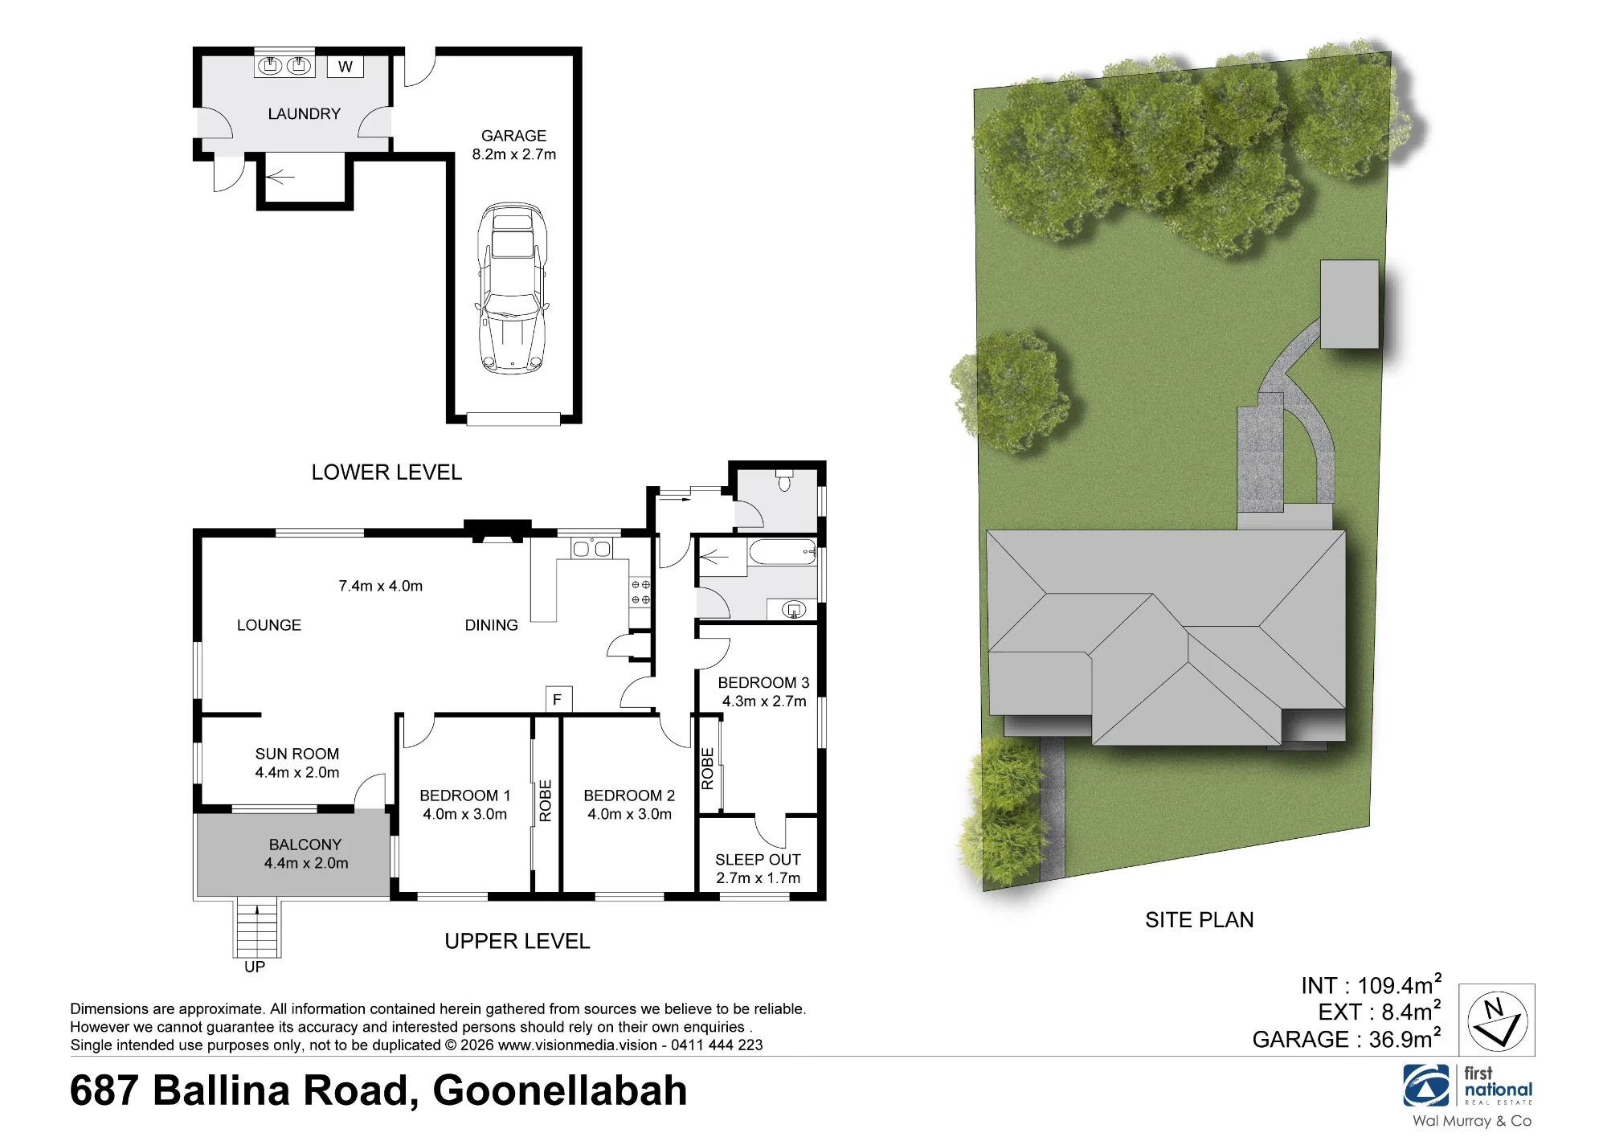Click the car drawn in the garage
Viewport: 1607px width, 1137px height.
coord(513,288)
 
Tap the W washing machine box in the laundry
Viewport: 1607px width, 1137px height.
coord(346,67)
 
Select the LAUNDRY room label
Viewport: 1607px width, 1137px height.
coord(305,114)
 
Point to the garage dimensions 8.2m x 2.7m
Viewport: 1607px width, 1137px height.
coord(514,154)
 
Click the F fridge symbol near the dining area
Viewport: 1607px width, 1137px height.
coord(558,699)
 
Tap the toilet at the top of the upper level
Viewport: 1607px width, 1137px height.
coord(785,480)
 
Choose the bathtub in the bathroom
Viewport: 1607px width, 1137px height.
coord(783,552)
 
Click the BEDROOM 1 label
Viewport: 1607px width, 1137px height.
coord(465,795)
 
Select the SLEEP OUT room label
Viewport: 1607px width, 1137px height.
coord(758,860)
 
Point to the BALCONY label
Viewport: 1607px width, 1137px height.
coord(305,845)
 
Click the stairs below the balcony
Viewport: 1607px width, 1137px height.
coord(257,927)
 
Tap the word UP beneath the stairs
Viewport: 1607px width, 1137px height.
coord(255,967)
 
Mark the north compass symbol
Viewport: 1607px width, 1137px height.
coord(1497,1020)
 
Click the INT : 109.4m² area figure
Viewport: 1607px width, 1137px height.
coord(1372,984)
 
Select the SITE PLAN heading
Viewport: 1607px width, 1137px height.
coord(1200,920)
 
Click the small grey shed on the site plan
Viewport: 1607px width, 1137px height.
coord(1350,304)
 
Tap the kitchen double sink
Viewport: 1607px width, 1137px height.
coord(591,548)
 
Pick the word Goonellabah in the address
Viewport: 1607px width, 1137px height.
coord(560,1091)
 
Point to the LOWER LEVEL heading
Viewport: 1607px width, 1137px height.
coord(386,472)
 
